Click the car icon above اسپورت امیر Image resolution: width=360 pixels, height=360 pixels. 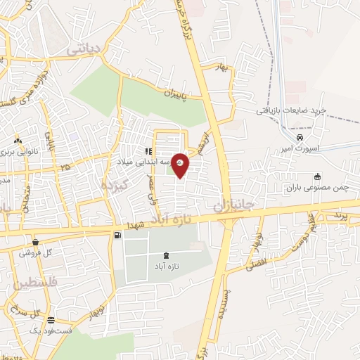tap(300, 137)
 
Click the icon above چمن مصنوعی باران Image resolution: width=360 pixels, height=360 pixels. tap(317, 176)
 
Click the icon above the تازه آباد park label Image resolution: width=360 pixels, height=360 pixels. tap(165, 256)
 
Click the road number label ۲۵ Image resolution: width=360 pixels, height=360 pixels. tap(66, 167)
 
